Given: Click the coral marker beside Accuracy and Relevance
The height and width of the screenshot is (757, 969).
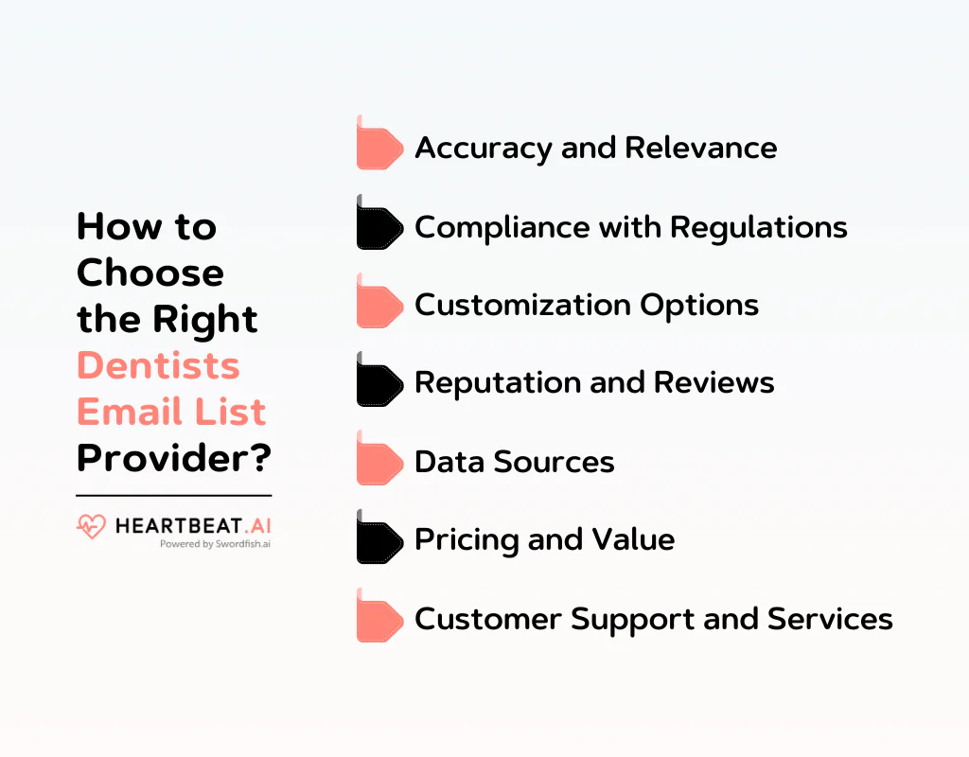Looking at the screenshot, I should pos(379,148).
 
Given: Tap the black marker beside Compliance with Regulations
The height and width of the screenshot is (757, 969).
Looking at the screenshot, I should pos(379,226).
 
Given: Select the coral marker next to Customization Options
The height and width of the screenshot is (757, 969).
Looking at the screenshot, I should pos(379,305).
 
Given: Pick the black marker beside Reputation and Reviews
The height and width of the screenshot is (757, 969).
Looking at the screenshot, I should pos(379,383).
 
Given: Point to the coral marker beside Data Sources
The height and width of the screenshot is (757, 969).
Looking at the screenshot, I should pos(379,462).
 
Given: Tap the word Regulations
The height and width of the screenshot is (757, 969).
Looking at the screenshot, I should pos(759,227).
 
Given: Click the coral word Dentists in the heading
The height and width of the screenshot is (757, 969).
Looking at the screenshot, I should pos(158,365).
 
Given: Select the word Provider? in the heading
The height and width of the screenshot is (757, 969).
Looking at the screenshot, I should pos(174,458).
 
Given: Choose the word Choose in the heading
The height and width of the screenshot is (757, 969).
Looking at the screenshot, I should pos(150,273).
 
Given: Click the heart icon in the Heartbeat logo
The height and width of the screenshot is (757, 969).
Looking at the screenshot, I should pos(91,526).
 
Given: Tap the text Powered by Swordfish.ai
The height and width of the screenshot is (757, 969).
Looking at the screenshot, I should pos(215,544).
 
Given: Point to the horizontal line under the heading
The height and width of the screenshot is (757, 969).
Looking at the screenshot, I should pos(173,495).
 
